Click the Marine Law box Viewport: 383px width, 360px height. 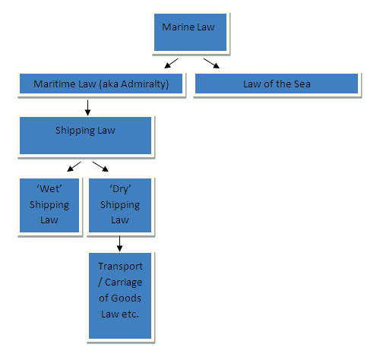[190, 32]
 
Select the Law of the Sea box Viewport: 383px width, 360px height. [277, 84]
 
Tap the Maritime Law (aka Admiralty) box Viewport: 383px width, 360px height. [101, 84]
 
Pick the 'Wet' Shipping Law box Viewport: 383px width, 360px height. [49, 205]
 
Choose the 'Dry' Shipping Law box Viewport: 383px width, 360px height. [120, 205]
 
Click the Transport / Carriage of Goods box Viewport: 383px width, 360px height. [120, 295]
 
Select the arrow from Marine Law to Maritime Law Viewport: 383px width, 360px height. [171, 63]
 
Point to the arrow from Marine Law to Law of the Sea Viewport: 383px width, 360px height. [211, 63]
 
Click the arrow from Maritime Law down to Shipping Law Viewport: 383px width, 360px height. [87, 108]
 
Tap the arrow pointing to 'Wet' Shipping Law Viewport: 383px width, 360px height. [74, 166]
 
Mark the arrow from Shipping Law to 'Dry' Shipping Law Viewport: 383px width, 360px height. [100, 166]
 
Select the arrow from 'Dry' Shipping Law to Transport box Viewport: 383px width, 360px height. [120, 244]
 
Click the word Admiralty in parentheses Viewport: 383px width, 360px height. [145, 84]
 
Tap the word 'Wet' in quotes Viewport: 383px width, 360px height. [49, 188]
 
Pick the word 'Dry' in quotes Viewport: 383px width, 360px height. [120, 189]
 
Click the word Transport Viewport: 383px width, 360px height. [120, 267]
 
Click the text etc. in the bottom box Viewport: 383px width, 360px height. [130, 314]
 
